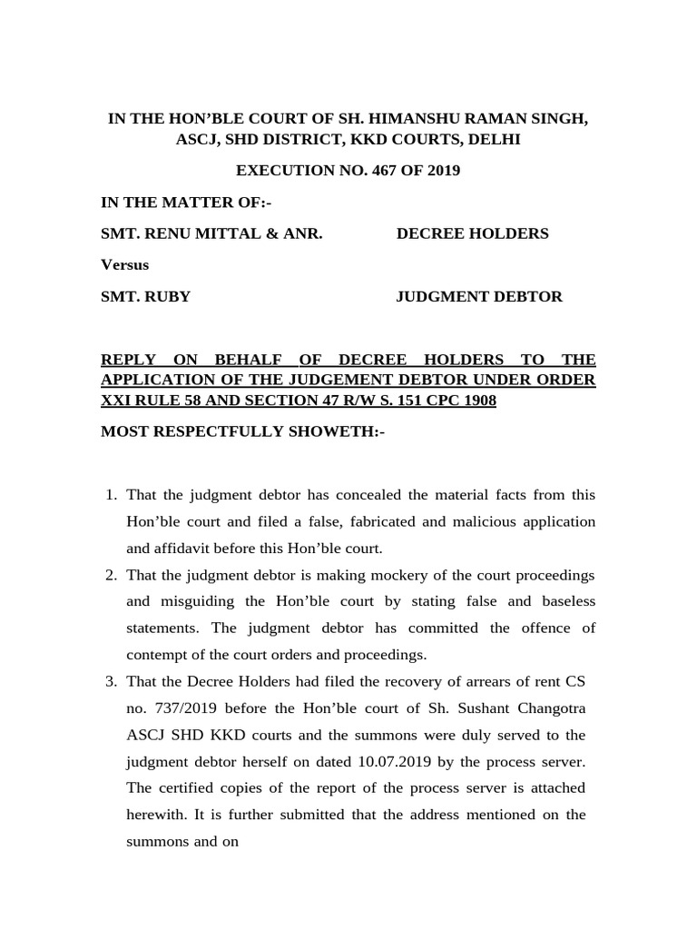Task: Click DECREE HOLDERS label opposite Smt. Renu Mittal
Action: (472, 233)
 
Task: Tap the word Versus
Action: (124, 264)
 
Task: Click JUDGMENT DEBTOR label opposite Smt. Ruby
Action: (479, 296)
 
